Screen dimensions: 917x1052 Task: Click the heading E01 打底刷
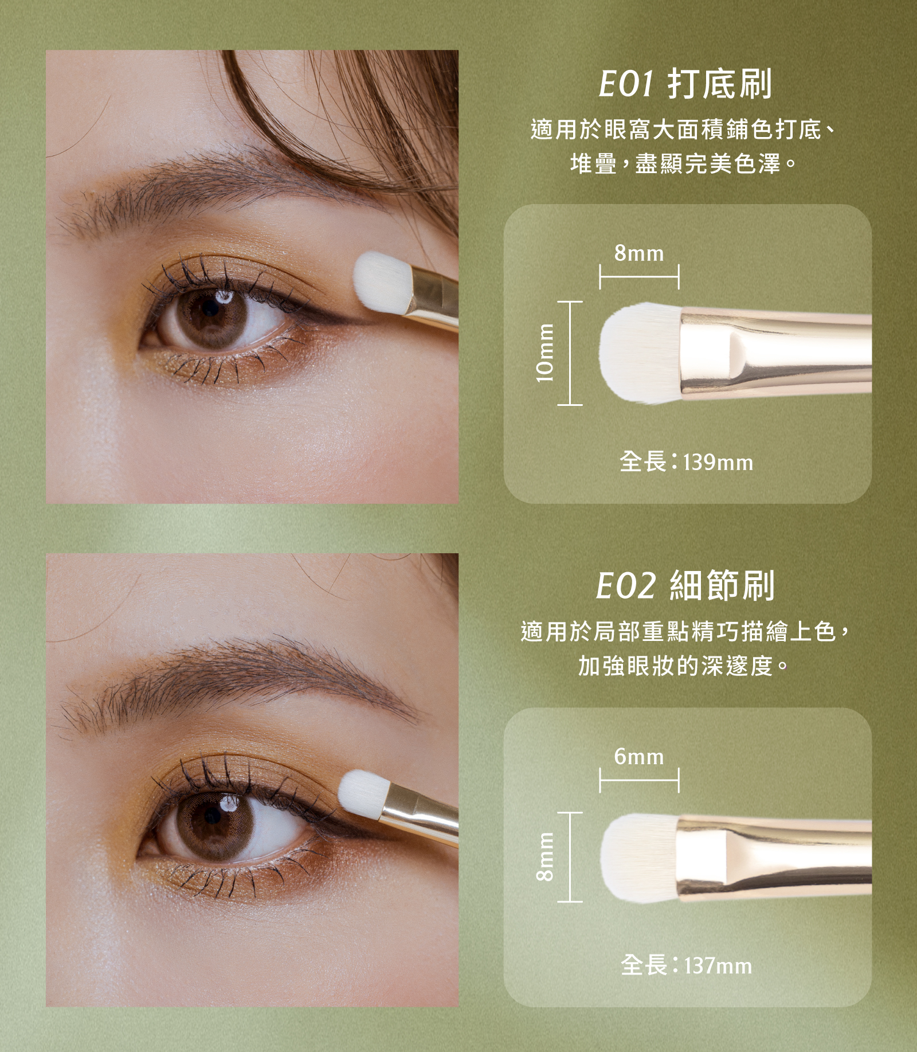pos(685,84)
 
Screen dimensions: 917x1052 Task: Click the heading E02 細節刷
pos(685,586)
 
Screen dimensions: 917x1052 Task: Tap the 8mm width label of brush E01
pos(639,253)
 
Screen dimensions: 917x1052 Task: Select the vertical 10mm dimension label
pos(545,353)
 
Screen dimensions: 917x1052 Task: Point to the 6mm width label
pos(639,757)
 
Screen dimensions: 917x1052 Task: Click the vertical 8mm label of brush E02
pos(545,857)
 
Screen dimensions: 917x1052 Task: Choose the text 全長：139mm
pos(686,462)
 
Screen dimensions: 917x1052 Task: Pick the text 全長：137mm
pos(686,965)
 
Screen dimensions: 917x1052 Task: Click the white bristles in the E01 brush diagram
pos(639,353)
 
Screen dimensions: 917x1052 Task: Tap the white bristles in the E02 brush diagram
pos(639,857)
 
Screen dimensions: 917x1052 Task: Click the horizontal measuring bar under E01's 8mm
pos(639,276)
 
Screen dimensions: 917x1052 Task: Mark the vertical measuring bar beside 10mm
pos(570,353)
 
